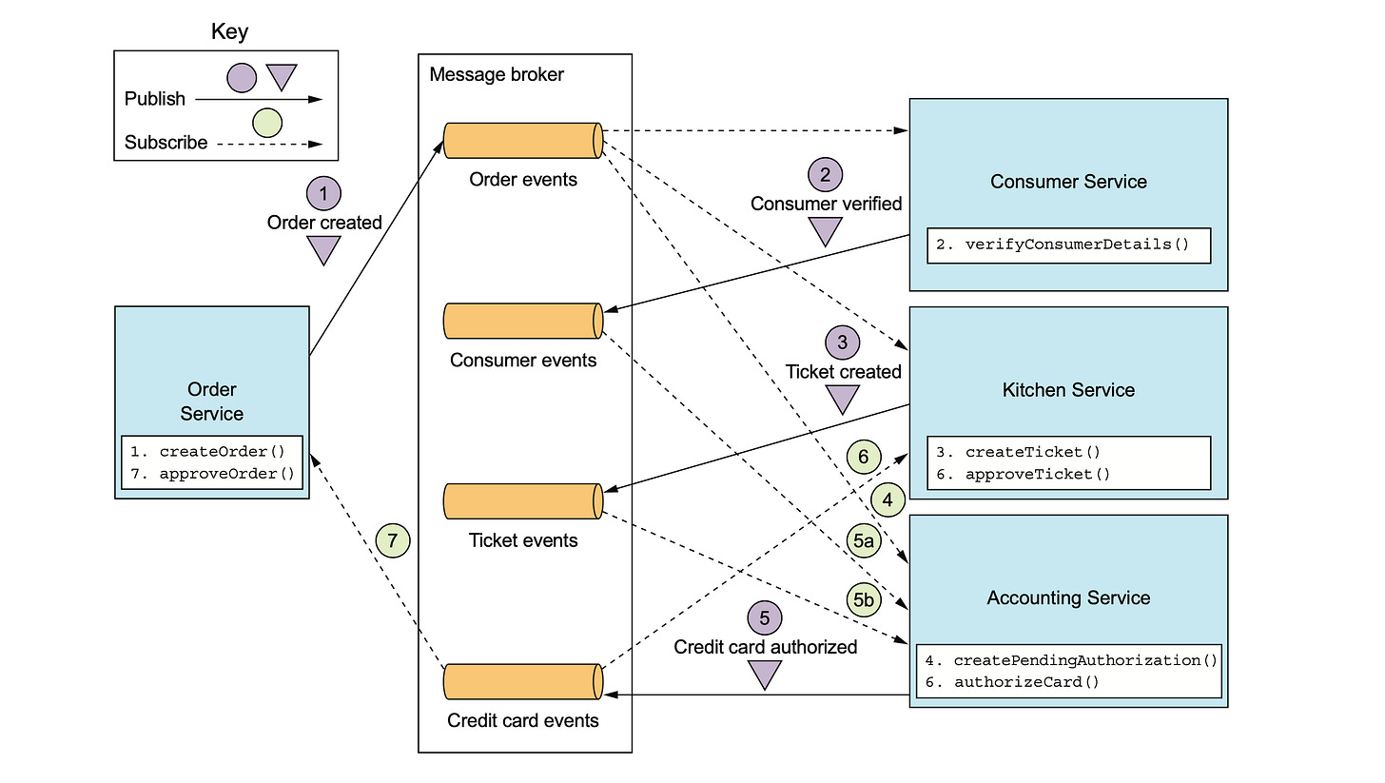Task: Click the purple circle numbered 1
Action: pos(323,193)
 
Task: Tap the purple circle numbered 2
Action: pos(825,174)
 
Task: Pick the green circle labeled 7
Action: pos(392,541)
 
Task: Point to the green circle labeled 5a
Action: pos(863,542)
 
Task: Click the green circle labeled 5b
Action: pos(863,600)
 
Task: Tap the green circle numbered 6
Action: pos(863,458)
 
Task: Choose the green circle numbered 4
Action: pos(887,499)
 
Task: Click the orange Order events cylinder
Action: pos(523,140)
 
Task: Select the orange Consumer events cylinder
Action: pos(523,321)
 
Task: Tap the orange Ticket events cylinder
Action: pos(523,501)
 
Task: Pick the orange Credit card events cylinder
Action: pos(523,682)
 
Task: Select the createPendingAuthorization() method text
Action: pos(1085,659)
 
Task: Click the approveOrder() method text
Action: pos(226,472)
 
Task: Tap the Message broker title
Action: pos(497,74)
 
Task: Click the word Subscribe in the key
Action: pos(166,143)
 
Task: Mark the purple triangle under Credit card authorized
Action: pos(764,675)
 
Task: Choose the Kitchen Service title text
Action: pos(1068,389)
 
